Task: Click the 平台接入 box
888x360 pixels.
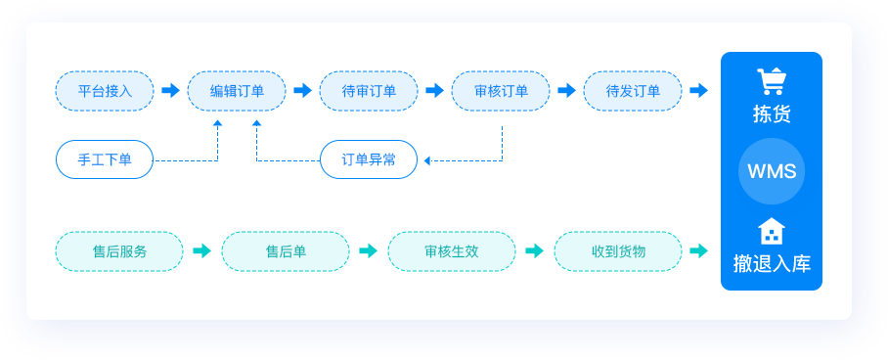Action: [x=105, y=91]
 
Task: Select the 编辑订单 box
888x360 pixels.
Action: [x=237, y=91]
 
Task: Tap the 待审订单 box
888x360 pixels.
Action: [x=369, y=91]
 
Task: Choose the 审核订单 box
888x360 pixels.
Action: [x=501, y=91]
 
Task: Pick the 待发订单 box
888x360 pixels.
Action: [x=633, y=91]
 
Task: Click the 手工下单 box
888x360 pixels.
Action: [x=105, y=159]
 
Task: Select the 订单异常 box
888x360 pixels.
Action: [x=369, y=159]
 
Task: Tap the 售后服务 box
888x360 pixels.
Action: [x=119, y=251]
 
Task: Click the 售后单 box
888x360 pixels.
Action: [x=286, y=251]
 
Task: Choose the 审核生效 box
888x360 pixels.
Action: [x=452, y=251]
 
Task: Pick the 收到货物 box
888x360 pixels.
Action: [x=618, y=251]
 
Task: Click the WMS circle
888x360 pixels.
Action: [x=772, y=171]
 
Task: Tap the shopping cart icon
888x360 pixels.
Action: [x=772, y=81]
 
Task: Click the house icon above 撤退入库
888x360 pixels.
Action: [x=772, y=231]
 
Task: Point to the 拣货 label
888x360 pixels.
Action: [x=772, y=113]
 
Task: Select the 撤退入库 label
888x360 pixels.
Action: [x=772, y=263]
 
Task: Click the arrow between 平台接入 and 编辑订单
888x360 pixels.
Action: [x=171, y=91]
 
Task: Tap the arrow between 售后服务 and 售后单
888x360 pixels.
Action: [x=202, y=251]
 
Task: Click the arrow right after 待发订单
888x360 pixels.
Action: [x=698, y=91]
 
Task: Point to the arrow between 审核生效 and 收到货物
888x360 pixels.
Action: [x=534, y=251]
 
